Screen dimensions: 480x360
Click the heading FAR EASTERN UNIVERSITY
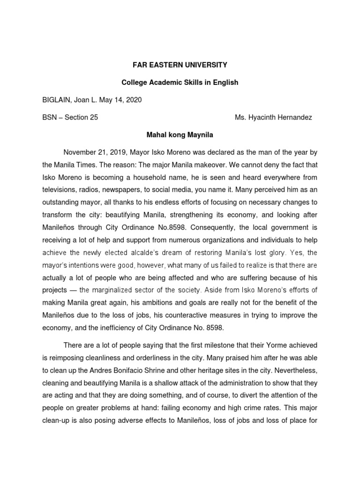[180, 65]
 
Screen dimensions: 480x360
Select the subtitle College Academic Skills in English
[180, 82]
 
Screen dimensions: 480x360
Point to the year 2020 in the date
[133, 100]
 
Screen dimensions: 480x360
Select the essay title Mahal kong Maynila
[180, 135]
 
